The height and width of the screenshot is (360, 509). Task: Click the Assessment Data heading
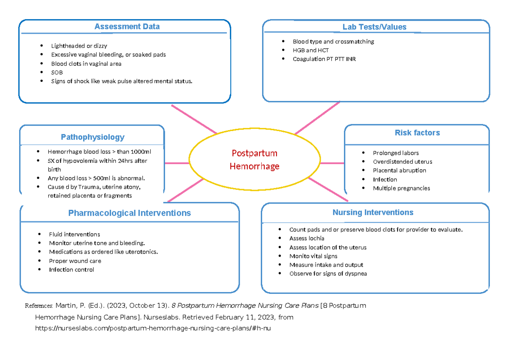click(x=127, y=27)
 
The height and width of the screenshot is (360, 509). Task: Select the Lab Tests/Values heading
click(x=374, y=27)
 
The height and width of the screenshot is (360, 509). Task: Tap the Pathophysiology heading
click(x=92, y=137)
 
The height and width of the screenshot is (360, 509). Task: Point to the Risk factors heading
click(x=417, y=133)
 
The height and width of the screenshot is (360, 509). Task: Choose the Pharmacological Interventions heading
click(x=129, y=213)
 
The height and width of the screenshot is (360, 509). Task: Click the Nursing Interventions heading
click(x=372, y=212)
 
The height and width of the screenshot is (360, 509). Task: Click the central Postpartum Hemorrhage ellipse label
click(x=255, y=159)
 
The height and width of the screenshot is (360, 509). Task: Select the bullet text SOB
click(x=57, y=73)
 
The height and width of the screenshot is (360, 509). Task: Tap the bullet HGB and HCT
click(x=310, y=50)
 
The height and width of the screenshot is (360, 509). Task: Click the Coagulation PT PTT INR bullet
click(x=324, y=59)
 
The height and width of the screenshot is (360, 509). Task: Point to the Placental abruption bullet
click(x=400, y=170)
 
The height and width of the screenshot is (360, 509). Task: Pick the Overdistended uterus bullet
click(x=403, y=162)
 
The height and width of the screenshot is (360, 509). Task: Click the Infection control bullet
click(x=71, y=270)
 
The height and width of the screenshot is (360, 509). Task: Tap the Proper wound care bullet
click(x=75, y=261)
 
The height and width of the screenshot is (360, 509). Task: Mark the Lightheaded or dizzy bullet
click(x=79, y=46)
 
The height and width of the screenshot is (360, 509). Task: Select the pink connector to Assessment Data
click(x=194, y=119)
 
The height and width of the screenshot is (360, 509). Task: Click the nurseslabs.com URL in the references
click(x=152, y=328)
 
